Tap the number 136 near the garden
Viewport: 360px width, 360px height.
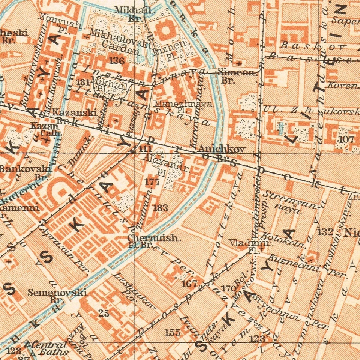pyautogui.click(x=116, y=60)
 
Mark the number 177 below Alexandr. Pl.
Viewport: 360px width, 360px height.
pyautogui.click(x=152, y=182)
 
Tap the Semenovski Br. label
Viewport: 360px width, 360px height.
pyautogui.click(x=57, y=295)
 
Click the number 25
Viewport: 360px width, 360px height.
pyautogui.click(x=103, y=313)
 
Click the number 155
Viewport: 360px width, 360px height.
pyautogui.click(x=172, y=332)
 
